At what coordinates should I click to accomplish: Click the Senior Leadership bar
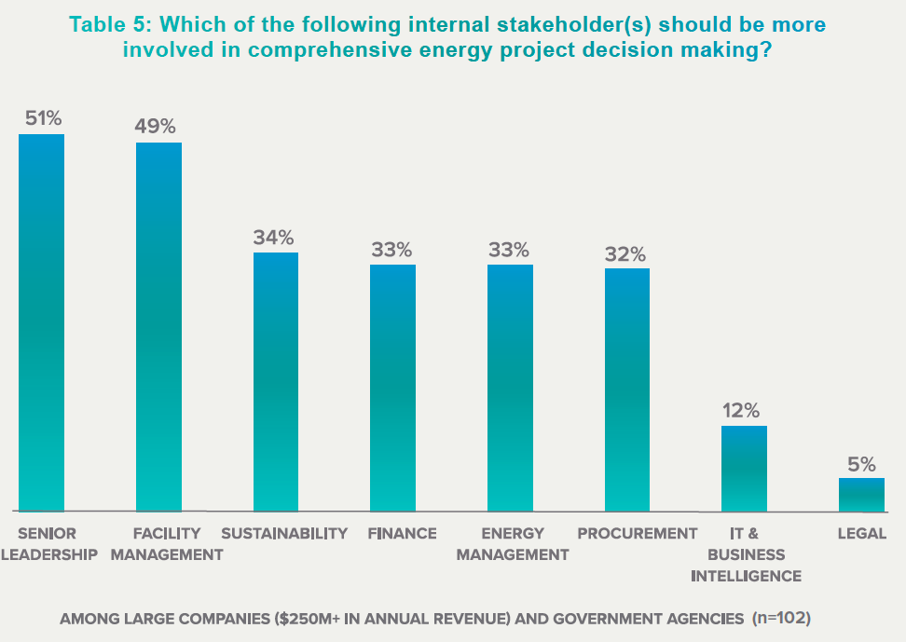[42, 322]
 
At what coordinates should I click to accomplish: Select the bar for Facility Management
[158, 326]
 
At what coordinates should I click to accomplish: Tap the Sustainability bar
[276, 382]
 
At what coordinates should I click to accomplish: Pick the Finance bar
[392, 388]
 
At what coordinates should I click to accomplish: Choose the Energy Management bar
[511, 388]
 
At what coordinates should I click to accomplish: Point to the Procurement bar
[627, 389]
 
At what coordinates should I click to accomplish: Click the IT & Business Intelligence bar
[745, 469]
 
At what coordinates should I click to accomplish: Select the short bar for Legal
[861, 495]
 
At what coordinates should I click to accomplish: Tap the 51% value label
[42, 118]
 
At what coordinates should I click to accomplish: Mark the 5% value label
[861, 463]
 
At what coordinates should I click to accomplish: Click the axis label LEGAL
[861, 534]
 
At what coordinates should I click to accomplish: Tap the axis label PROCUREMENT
[638, 534]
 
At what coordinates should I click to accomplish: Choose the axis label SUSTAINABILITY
[284, 534]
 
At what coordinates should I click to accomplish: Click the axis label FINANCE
[402, 534]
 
